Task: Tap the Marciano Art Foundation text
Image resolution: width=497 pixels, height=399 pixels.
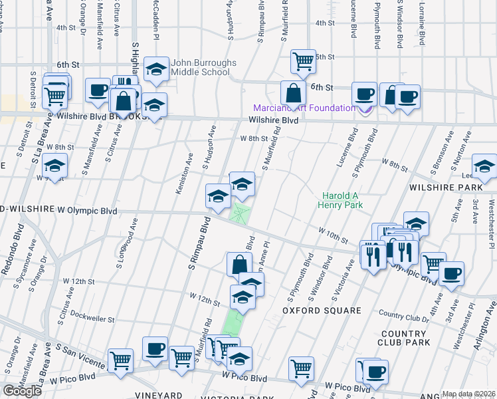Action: [304, 108]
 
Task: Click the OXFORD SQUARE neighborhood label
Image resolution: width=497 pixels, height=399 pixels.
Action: [321, 311]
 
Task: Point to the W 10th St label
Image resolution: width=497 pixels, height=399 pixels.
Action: [333, 235]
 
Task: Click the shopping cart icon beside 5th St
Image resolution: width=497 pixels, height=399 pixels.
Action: [303, 61]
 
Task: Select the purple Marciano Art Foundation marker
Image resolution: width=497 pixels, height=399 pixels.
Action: [365, 110]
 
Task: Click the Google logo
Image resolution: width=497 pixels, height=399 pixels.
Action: [23, 390]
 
